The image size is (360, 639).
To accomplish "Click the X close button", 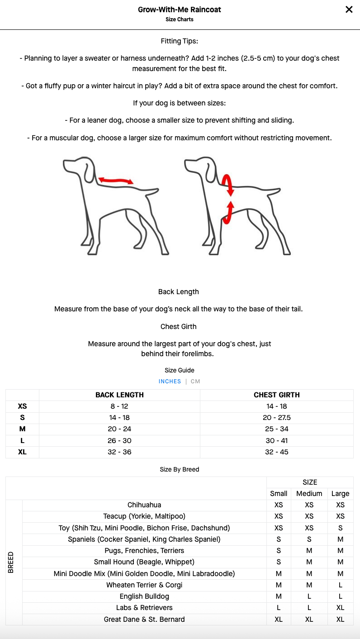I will coord(349,10).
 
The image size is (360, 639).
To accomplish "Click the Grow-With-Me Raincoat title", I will coord(180,10).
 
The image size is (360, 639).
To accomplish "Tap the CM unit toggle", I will coord(195,381).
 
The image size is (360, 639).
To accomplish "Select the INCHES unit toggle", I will coord(170,381).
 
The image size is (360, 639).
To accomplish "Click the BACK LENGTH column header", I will coord(119,395).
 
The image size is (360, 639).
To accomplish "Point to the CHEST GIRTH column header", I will coord(276,395).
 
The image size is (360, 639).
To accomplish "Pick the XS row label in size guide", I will coord(22,406).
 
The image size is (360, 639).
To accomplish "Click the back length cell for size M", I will coord(119,429).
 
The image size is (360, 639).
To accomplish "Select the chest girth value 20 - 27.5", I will coord(276,418).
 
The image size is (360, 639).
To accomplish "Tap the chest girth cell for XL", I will coord(276,452).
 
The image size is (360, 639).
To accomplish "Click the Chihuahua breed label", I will coord(144,505).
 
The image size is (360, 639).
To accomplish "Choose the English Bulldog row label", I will coord(144,596).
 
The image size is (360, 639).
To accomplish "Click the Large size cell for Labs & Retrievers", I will coord(340,608).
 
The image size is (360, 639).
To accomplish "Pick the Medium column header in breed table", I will coord(309,494).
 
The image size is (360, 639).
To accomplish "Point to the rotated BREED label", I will coord(11,563).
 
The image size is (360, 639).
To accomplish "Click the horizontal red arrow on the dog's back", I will coord(116,181).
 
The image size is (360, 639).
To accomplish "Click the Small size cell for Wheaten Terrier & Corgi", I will coord(279,585).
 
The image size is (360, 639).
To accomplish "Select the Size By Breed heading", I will coord(180,469).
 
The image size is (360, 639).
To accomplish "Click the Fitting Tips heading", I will coord(180,41).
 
